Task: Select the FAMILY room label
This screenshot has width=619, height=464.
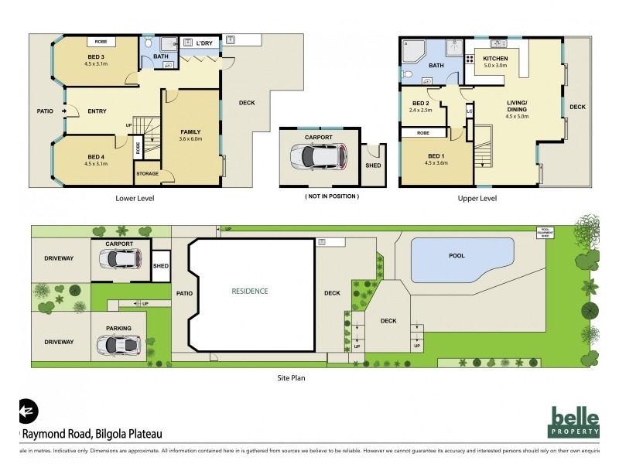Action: coord(190,132)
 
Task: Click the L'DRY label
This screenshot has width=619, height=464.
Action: coord(204,43)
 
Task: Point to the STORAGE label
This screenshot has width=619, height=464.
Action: coord(147,174)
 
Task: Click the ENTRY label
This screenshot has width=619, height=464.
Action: coord(97,111)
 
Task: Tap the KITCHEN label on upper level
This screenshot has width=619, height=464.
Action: coord(495,59)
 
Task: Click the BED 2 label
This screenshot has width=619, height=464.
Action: coord(420,104)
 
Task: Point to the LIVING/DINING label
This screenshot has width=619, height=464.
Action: coord(517,107)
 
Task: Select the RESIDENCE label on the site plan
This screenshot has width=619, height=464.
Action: coord(250,292)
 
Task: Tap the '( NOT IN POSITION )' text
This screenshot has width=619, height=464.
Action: coord(331,196)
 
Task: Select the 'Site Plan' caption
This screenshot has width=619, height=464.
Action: coord(294,379)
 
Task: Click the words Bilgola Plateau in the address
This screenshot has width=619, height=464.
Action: coord(128,434)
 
